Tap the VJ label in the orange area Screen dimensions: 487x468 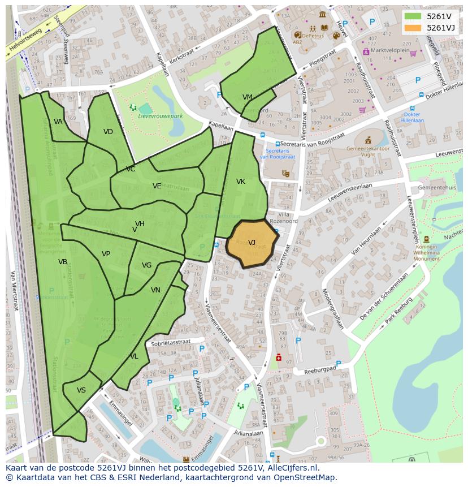click(x=252, y=243)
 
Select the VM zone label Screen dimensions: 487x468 click(x=248, y=97)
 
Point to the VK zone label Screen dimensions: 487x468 click(x=241, y=182)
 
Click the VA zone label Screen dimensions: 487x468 click(x=58, y=122)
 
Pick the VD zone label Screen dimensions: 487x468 click(x=109, y=132)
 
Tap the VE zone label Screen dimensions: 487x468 click(x=157, y=186)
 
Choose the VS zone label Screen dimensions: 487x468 click(x=81, y=390)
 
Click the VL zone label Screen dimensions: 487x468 click(x=134, y=356)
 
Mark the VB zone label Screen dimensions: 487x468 click(x=63, y=262)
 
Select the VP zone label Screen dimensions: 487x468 click(x=106, y=254)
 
